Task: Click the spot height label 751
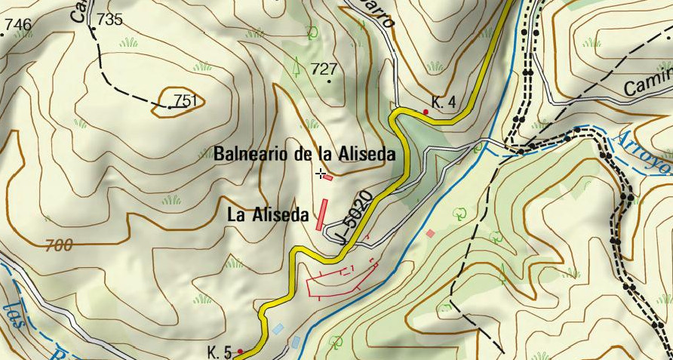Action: [186, 100]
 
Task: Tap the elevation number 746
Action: [18, 25]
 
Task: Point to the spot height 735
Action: [109, 20]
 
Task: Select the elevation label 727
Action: [324, 69]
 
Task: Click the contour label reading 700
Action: [59, 245]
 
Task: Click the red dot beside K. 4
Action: [426, 112]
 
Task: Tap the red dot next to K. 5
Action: [240, 351]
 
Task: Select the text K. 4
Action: [444, 102]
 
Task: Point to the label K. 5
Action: [219, 351]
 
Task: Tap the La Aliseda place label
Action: [268, 215]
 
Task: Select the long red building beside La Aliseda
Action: [321, 213]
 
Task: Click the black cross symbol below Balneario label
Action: [321, 174]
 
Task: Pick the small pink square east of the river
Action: [430, 234]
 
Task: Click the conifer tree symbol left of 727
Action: [297, 66]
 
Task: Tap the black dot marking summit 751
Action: [170, 107]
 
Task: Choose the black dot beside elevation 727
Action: [329, 81]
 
